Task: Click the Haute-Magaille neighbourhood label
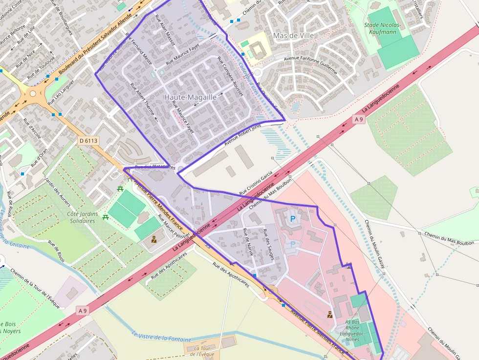(x=190, y=97)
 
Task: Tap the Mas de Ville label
(x=293, y=36)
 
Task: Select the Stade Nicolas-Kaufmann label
(x=382, y=28)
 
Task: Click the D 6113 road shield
(x=88, y=141)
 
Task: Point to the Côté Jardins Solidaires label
(x=82, y=217)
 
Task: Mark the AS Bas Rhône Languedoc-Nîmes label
(x=359, y=330)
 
